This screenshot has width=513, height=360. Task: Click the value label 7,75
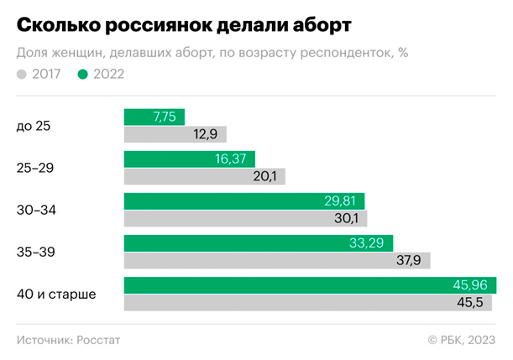165,117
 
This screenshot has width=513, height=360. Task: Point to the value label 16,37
232,159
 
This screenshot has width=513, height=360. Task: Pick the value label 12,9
207,134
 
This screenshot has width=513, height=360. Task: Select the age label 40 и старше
56,294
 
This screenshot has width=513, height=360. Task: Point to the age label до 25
34,126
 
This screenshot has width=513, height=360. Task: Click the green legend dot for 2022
82,74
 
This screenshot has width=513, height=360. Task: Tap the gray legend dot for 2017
21,74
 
